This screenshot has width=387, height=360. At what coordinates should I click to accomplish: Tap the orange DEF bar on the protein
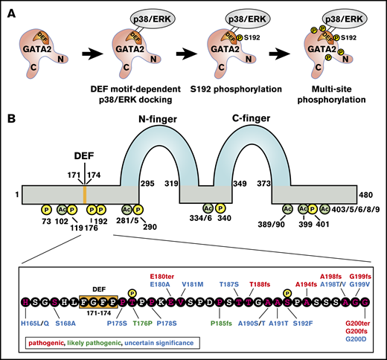(x=85, y=195)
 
